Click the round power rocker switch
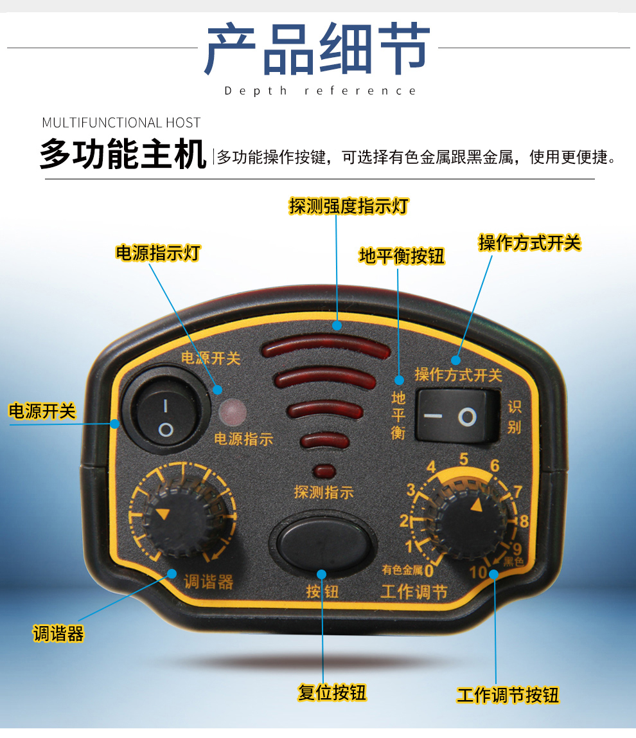click(x=165, y=416)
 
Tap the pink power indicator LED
click(x=233, y=412)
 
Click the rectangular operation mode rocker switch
click(x=457, y=417)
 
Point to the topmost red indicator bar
click(x=325, y=349)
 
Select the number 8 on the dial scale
click(x=524, y=521)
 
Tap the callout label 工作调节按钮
click(x=508, y=695)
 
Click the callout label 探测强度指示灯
click(x=349, y=206)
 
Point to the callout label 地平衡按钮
click(x=402, y=256)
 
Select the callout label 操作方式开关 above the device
click(x=529, y=242)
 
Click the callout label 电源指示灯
click(x=157, y=253)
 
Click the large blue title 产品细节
click(x=317, y=49)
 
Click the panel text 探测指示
click(x=324, y=493)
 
